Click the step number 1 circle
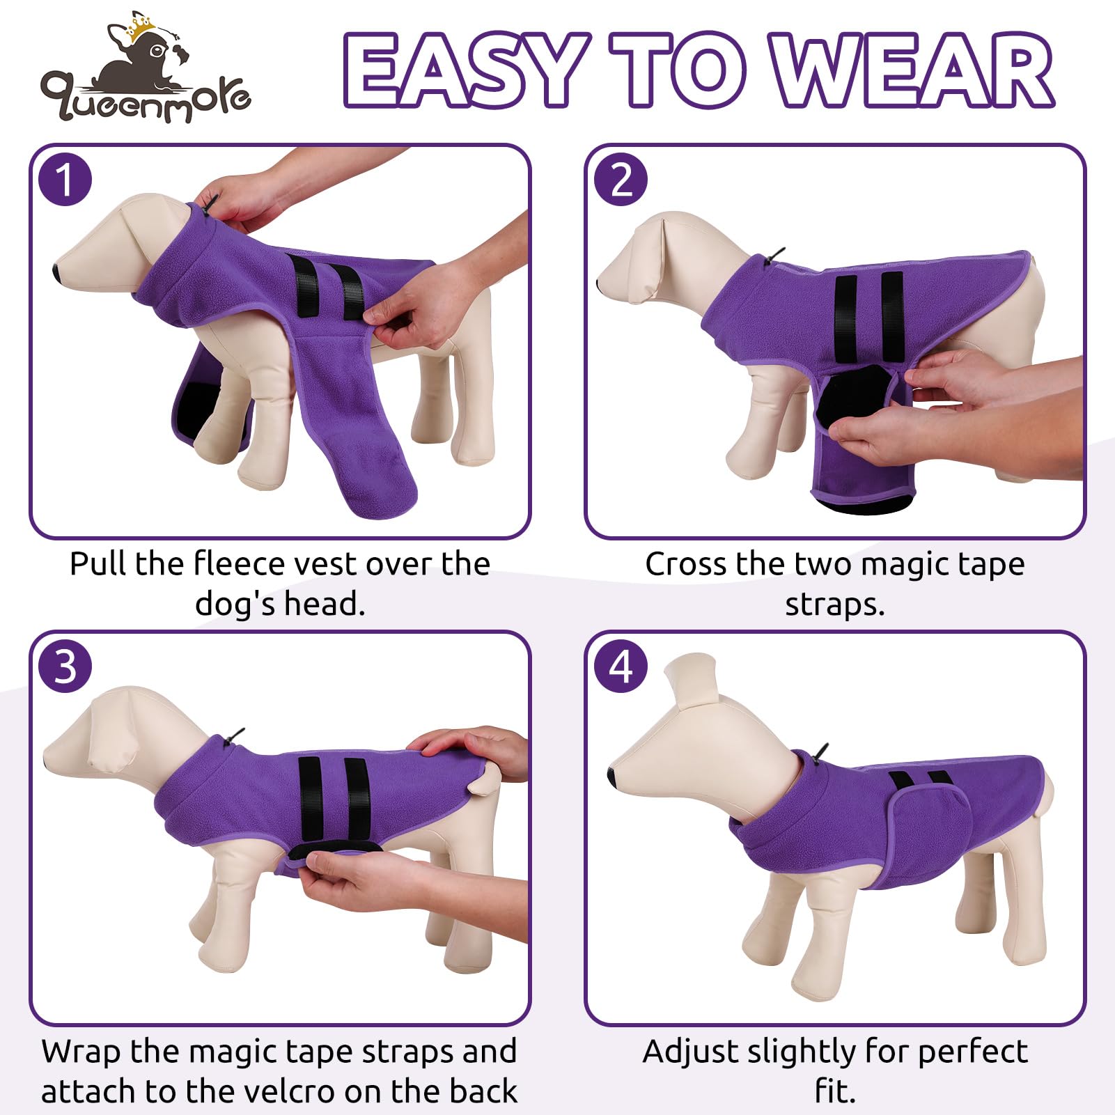tap(65, 180)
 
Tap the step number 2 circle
tap(621, 180)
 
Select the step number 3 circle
tap(65, 666)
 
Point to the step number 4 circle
tap(621, 666)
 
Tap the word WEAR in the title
tap(912, 70)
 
